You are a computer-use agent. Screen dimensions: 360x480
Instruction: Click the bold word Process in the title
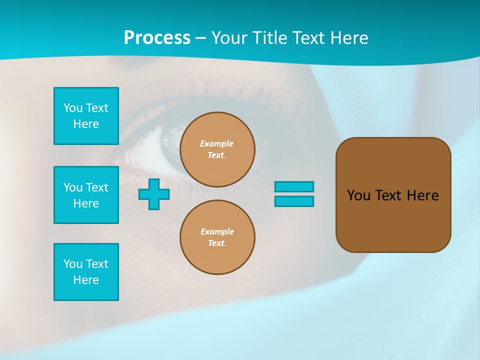[157, 37]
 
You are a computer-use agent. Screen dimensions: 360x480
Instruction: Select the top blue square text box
[86, 116]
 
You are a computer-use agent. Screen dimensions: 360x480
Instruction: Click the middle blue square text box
[86, 195]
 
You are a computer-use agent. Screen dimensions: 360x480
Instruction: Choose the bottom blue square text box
[86, 272]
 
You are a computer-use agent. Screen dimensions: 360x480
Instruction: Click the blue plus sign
[154, 194]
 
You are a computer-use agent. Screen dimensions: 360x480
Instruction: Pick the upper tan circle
[217, 149]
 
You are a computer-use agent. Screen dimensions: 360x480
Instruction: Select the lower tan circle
[217, 237]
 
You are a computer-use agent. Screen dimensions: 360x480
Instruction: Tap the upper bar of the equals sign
[294, 186]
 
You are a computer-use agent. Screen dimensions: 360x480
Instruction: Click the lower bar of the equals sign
[294, 201]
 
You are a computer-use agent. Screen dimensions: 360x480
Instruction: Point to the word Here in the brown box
[422, 195]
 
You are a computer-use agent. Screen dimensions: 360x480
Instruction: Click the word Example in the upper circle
[216, 143]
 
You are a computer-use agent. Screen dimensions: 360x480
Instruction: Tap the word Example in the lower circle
[217, 231]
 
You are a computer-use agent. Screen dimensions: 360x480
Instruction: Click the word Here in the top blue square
[86, 124]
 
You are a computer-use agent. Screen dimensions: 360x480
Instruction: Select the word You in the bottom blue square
[73, 264]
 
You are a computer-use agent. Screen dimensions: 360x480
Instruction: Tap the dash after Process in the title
[200, 38]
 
